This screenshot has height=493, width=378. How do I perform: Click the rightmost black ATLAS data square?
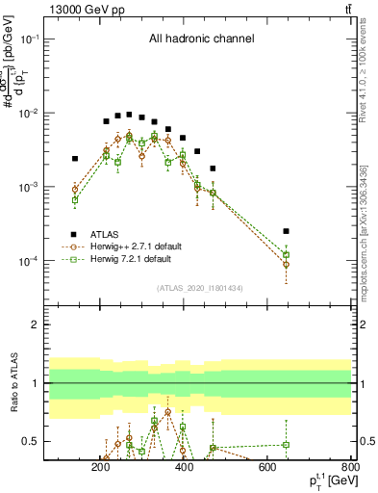tap(286, 231)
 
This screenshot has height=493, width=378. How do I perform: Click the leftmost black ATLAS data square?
tap(75, 159)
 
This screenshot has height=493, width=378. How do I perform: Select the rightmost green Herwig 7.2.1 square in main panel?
tap(286, 254)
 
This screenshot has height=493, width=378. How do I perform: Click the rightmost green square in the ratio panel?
tap(286, 445)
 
